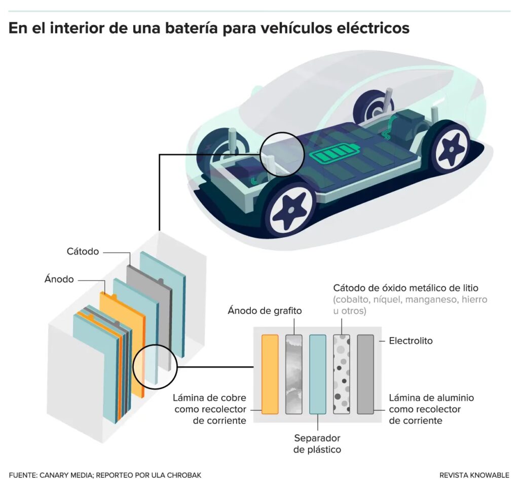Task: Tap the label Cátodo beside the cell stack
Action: pos(83,252)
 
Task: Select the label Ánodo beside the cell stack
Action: pos(59,280)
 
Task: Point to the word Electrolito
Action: pos(411,341)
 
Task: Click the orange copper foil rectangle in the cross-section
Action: pos(270,374)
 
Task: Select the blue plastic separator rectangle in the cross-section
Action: pos(318,374)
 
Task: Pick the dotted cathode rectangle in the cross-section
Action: pos(342,374)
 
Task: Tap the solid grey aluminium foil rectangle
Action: pos(365,374)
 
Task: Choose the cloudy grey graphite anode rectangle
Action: pos(294,374)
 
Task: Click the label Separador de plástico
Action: pos(317,443)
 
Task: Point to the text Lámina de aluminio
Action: pos(431,398)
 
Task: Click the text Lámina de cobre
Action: pos(209,397)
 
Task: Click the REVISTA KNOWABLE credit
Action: pos(474,475)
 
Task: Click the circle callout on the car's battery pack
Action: pos(282,154)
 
